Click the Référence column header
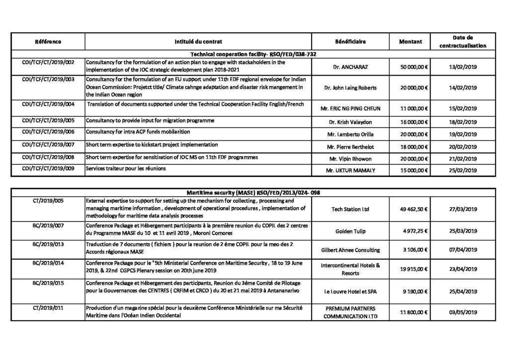click(48, 42)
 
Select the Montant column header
click(411, 42)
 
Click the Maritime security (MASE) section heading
click(254, 193)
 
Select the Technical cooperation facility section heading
click(254, 54)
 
